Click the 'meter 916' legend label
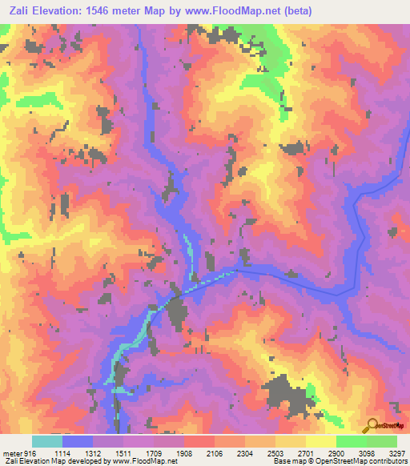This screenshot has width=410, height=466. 18,452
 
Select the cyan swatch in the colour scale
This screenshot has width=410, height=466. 47,441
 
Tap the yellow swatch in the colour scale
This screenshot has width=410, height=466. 321,441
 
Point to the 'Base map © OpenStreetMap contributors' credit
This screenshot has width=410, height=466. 336,461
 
